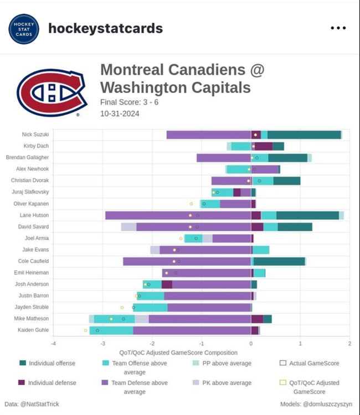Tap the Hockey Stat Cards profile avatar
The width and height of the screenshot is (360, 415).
[24, 29]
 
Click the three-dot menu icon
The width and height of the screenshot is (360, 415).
[338, 28]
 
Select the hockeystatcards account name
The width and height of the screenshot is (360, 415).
[106, 29]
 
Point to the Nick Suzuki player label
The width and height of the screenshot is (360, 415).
[35, 134]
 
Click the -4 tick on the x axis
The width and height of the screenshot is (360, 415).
[54, 344]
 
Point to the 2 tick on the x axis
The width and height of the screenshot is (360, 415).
[349, 344]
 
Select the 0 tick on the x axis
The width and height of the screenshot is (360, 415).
[251, 344]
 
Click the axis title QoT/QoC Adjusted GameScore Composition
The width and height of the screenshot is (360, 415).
[178, 352]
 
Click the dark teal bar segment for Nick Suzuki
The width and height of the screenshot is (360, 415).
[304, 134]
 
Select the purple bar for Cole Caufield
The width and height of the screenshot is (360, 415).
[187, 261]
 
